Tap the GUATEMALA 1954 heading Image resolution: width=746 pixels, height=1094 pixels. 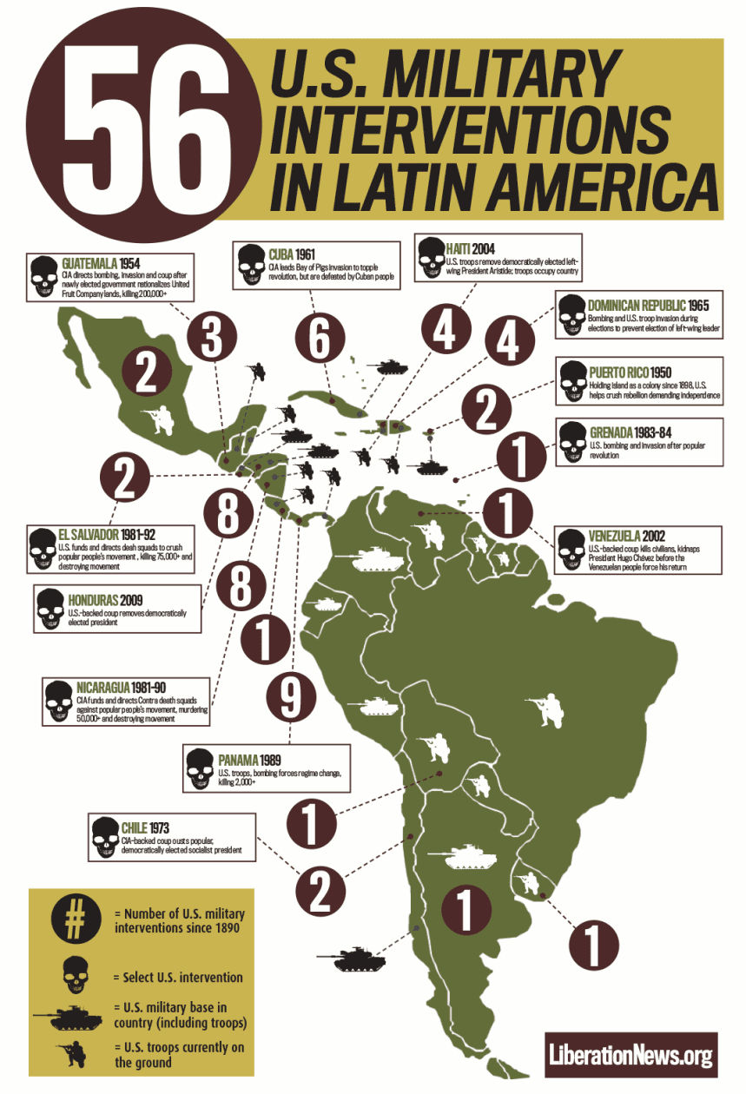(x=101, y=263)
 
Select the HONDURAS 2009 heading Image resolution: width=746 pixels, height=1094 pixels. (x=106, y=600)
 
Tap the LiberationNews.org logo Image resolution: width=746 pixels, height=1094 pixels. (x=631, y=1056)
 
